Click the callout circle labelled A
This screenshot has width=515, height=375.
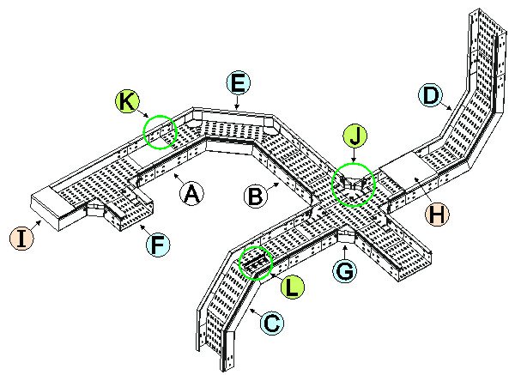tap(193, 194)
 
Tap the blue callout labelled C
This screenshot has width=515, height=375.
tap(270, 324)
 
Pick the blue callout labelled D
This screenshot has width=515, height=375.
tap(431, 94)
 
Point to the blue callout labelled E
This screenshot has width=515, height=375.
tap(239, 82)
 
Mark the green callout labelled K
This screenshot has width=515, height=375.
tap(126, 101)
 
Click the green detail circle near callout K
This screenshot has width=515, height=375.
tap(160, 132)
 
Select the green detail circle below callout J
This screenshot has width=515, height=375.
tap(353, 185)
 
